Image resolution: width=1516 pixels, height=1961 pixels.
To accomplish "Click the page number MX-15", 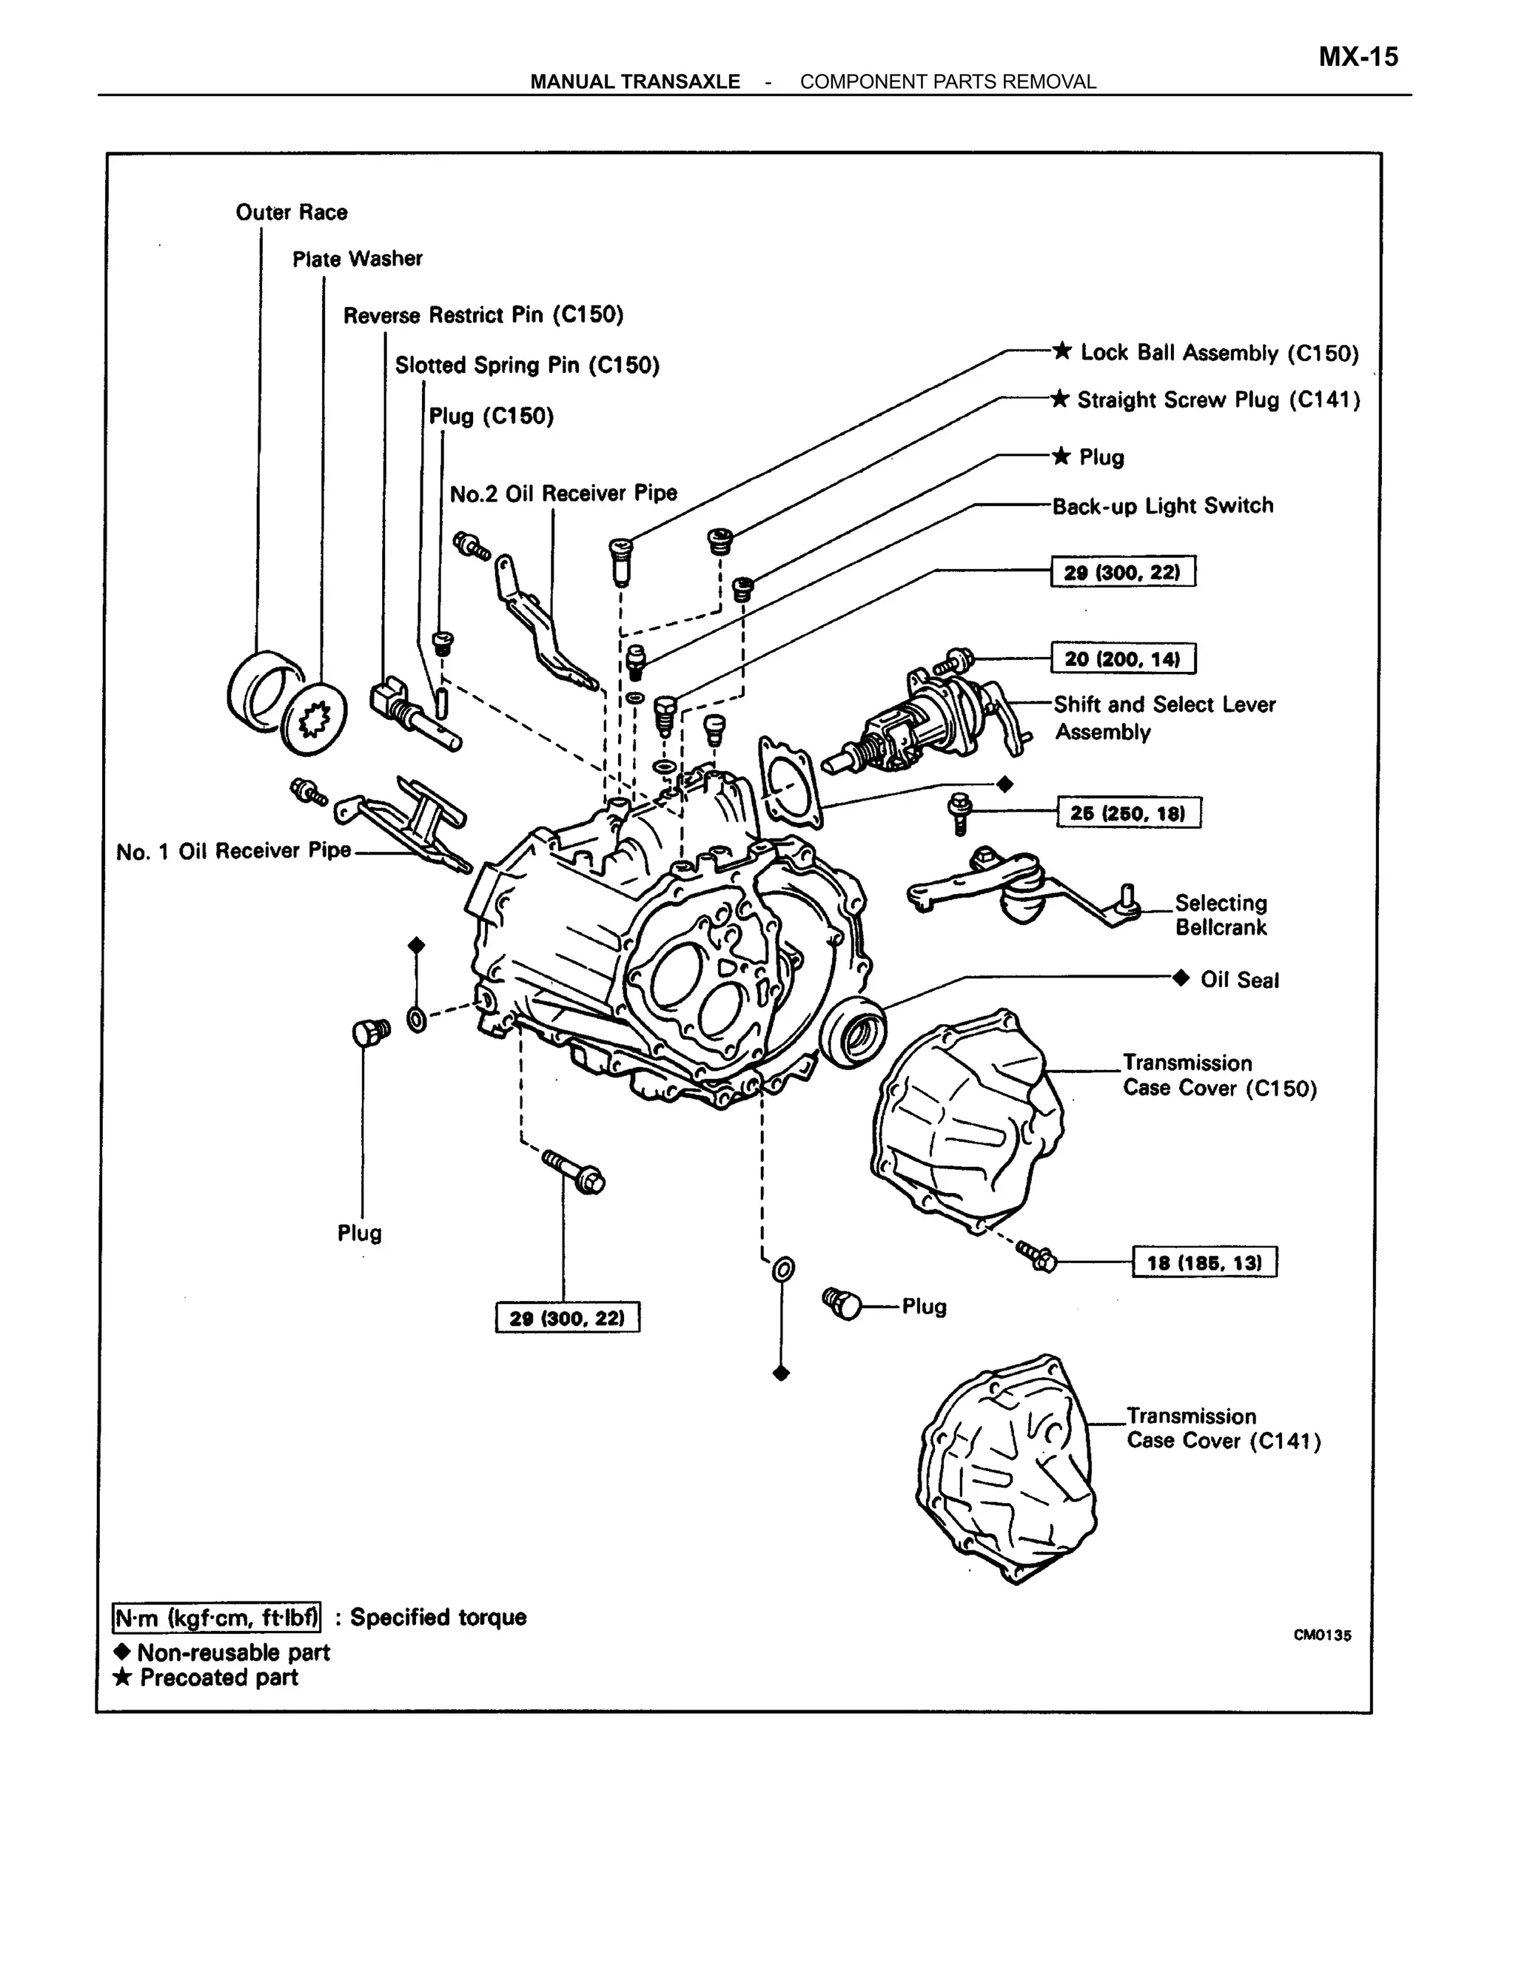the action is pyautogui.click(x=1357, y=58).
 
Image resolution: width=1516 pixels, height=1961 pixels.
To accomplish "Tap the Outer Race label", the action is pyautogui.click(x=291, y=213).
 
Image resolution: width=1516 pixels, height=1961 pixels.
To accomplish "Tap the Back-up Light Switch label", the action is pyautogui.click(x=1162, y=506).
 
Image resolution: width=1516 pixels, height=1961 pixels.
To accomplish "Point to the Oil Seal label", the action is pyautogui.click(x=1238, y=980).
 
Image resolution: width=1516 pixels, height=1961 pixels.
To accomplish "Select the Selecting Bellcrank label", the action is pyautogui.click(x=1221, y=915).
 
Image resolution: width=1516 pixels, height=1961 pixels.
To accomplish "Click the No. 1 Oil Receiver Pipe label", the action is pyautogui.click(x=233, y=851).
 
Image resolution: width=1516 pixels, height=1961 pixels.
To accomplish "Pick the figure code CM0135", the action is pyautogui.click(x=1321, y=1635).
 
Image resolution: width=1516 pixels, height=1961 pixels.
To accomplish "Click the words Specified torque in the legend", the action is pyautogui.click(x=437, y=1617).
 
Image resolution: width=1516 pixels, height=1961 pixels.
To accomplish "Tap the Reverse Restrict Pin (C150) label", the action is pyautogui.click(x=483, y=315).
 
